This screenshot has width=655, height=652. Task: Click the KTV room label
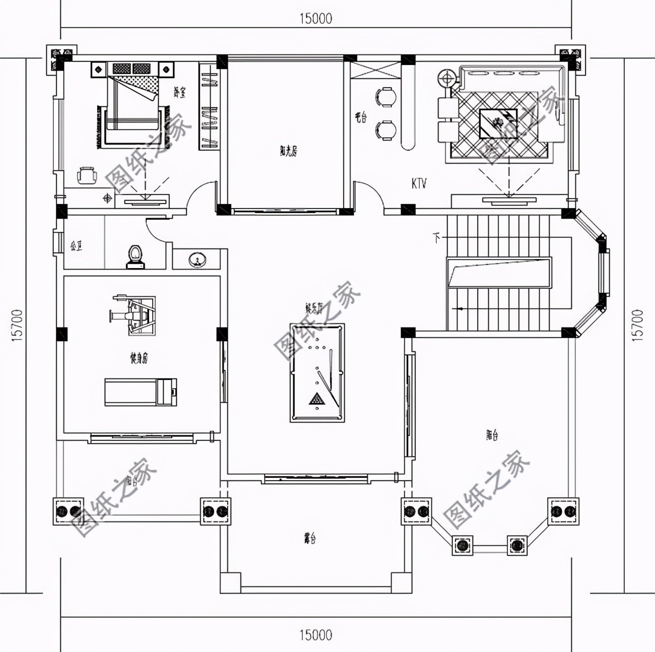[x=419, y=184]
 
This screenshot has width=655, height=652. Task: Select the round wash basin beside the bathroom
[x=197, y=260]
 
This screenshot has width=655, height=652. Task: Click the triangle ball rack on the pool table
[x=316, y=400]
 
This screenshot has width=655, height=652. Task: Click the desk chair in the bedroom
[x=87, y=176]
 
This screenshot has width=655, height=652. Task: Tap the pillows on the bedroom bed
[x=133, y=68]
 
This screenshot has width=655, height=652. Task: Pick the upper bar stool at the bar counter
[x=386, y=96]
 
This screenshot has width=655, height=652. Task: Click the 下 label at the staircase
[x=436, y=236]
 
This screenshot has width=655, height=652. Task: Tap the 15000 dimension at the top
[x=316, y=19]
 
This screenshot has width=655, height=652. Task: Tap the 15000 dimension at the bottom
[x=316, y=634]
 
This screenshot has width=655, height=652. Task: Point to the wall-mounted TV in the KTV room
[x=508, y=201]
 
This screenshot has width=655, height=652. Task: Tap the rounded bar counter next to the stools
[x=409, y=108]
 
